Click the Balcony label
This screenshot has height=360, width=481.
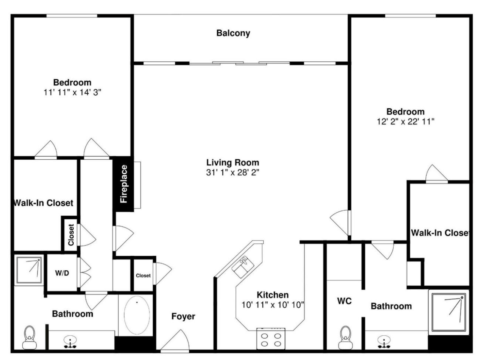click(233, 33)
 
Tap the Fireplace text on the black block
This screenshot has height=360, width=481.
click(124, 184)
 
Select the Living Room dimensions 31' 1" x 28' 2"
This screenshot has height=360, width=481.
click(232, 173)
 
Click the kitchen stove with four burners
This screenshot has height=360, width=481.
click(271, 339)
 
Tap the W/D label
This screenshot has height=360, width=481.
click(62, 273)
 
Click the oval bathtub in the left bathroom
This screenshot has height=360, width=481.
click(137, 315)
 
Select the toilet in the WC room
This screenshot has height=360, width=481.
click(345, 338)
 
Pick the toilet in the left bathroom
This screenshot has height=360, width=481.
click(29, 337)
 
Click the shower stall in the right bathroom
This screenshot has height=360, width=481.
click(449, 312)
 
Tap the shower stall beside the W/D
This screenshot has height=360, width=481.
click(29, 270)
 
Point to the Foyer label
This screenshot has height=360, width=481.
click(183, 316)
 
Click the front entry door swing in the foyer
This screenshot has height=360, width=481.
click(175, 340)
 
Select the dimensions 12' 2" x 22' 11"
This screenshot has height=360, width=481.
click(406, 122)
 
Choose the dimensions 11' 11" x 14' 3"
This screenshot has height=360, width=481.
click(72, 92)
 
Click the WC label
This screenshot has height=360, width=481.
click(344, 301)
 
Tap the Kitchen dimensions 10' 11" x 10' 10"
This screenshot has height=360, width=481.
click(273, 305)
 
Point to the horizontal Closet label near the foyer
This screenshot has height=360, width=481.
click(143, 275)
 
